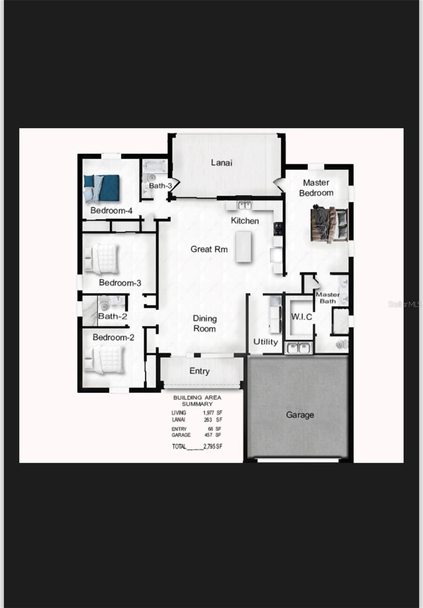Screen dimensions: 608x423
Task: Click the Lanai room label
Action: [x=222, y=163]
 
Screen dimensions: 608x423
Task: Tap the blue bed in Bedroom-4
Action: [x=102, y=188]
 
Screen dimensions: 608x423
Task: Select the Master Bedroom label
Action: [x=316, y=187]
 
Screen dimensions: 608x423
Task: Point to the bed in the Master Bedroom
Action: [x=330, y=223]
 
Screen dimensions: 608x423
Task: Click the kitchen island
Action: [x=243, y=247]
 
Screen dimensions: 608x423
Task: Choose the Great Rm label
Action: [x=209, y=249]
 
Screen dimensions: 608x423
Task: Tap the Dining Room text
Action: [x=204, y=323]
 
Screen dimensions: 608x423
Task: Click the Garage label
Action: [x=300, y=414]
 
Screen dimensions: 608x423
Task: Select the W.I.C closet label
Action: [x=301, y=317]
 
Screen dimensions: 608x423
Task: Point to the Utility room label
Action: [x=266, y=341]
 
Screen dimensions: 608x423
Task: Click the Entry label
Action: [x=199, y=371]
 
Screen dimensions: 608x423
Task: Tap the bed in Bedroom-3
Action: [x=102, y=258]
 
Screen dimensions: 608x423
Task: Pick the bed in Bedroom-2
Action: [x=104, y=359]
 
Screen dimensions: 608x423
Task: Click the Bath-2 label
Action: [x=112, y=316]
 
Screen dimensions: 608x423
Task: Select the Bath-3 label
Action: [x=160, y=186]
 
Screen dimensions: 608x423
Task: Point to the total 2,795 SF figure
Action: [x=213, y=446]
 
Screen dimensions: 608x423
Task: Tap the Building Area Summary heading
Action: [x=197, y=400]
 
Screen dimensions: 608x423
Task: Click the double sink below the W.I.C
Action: [x=298, y=348]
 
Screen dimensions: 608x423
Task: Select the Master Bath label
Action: [x=327, y=297]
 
